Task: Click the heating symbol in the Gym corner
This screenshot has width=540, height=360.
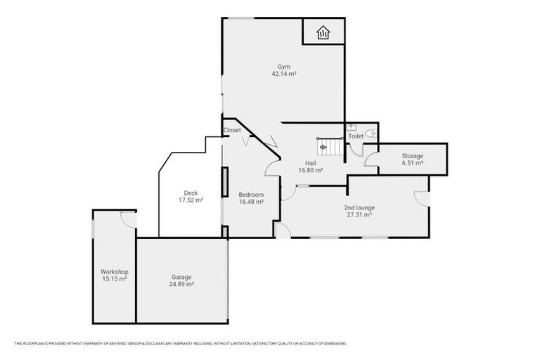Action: pyautogui.click(x=323, y=32)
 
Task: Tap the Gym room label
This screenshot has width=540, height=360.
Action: pyautogui.click(x=283, y=67)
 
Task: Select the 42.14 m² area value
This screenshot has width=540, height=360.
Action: pyautogui.click(x=283, y=74)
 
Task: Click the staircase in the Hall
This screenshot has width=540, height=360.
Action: pyautogui.click(x=329, y=146)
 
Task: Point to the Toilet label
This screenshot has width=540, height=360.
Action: pyautogui.click(x=356, y=136)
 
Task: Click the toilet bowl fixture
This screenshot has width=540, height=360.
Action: pyautogui.click(x=371, y=134)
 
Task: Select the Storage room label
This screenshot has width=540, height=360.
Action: pyautogui.click(x=412, y=156)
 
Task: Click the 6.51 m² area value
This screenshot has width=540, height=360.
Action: pyautogui.click(x=412, y=163)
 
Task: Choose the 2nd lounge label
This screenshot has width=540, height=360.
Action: pyautogui.click(x=359, y=207)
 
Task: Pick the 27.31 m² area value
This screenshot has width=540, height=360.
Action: pyautogui.click(x=359, y=214)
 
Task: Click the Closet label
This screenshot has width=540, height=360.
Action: pyautogui.click(x=232, y=130)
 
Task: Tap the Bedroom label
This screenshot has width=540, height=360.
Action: pyautogui.click(x=251, y=195)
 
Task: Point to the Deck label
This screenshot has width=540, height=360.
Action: pyautogui.click(x=191, y=193)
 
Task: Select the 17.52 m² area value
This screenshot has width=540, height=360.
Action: pyautogui.click(x=191, y=200)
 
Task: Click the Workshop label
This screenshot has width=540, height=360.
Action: pyautogui.click(x=113, y=271)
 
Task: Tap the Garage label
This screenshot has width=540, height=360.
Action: pyautogui.click(x=181, y=277)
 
